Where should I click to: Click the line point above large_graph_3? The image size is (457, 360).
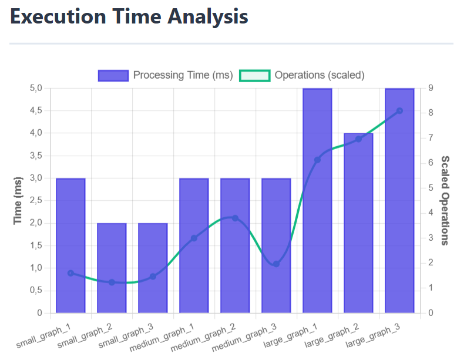click(399, 110)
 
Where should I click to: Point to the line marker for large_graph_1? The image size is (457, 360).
click(317, 160)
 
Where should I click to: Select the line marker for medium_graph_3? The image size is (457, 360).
click(276, 264)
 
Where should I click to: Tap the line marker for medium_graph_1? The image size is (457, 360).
click(194, 238)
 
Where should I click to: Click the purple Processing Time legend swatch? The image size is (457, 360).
click(113, 75)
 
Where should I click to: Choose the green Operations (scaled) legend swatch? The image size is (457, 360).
click(255, 75)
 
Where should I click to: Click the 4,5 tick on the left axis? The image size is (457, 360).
click(36, 110)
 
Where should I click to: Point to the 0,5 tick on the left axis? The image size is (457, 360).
click(36, 291)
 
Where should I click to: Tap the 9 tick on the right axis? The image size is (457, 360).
click(431, 88)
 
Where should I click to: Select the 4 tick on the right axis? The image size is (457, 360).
click(431, 213)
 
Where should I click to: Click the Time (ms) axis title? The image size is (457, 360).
click(18, 201)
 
